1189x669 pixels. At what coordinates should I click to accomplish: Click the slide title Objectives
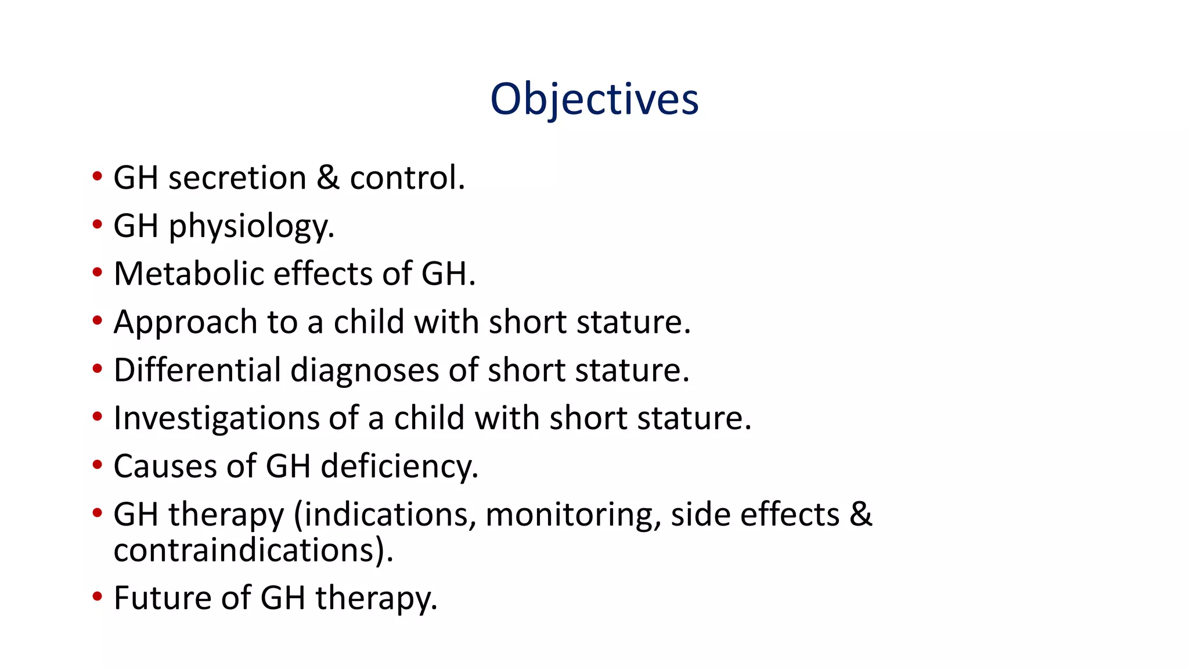click(594, 100)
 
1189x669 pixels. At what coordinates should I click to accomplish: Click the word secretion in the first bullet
click(237, 178)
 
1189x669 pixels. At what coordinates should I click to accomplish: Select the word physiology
click(251, 226)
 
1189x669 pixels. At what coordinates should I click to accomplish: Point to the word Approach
click(185, 323)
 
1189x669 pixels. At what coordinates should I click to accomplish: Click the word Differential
click(197, 370)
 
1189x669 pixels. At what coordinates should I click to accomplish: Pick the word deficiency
click(399, 467)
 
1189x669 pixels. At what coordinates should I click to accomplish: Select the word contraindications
click(244, 551)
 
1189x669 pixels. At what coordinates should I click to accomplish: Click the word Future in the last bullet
click(162, 598)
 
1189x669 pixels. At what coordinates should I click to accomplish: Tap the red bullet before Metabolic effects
click(98, 272)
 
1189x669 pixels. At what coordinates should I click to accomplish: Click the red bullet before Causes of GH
click(98, 465)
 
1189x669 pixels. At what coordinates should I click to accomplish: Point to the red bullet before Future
click(98, 596)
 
